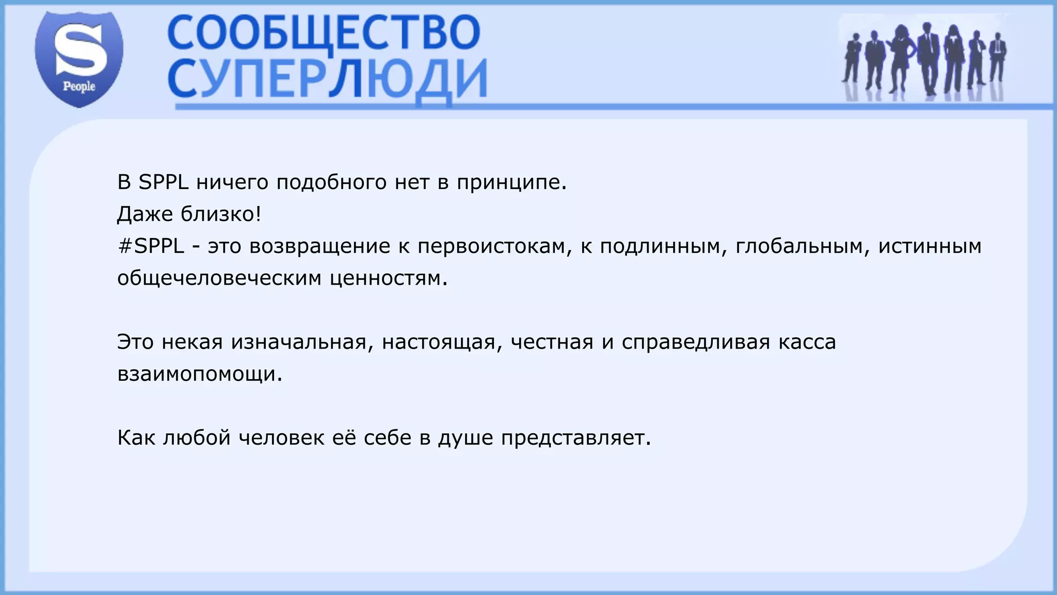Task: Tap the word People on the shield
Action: tap(79, 86)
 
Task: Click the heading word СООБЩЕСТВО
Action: tap(324, 32)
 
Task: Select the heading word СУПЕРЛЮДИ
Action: tap(327, 79)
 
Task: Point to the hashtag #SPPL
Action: tap(151, 246)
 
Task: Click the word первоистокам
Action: tap(495, 246)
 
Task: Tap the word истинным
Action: tap(930, 246)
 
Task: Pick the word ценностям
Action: tap(389, 278)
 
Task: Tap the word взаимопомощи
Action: tap(200, 374)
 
